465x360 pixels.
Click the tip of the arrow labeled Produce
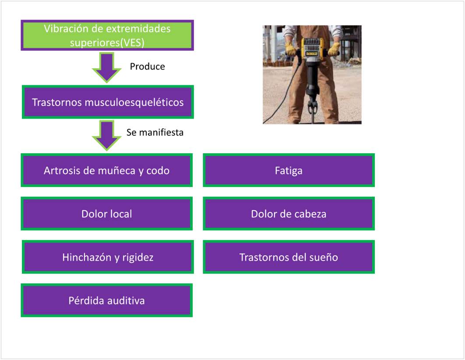click(107, 83)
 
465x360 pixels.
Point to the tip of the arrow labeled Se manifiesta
click(107, 151)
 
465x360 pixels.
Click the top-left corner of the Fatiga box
click(203, 154)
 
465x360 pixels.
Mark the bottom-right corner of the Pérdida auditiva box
click(193, 317)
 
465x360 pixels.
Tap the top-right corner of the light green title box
click(194, 20)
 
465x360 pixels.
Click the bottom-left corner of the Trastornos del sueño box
click(203, 273)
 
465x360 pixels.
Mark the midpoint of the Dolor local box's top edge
click(107, 197)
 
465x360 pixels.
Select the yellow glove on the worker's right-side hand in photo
click(334, 49)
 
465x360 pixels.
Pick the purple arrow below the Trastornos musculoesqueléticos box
click(107, 135)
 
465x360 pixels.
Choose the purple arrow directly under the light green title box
click(107, 67)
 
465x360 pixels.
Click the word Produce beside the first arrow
click(148, 67)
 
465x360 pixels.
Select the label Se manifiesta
click(155, 132)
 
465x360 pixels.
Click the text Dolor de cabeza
click(289, 214)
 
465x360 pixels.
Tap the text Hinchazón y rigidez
click(108, 258)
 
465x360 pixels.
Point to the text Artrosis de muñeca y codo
click(106, 171)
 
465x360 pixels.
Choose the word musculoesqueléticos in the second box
click(134, 102)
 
